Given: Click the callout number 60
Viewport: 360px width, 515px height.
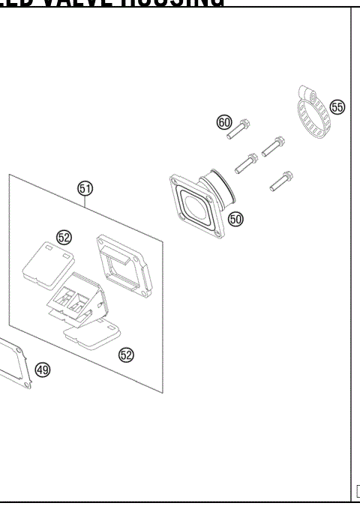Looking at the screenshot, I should pos(223,122).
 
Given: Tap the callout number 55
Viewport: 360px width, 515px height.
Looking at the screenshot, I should pos(337,107).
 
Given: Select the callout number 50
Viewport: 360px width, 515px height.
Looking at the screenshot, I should pos(236,220).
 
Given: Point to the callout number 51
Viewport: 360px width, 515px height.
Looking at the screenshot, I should pos(85,189).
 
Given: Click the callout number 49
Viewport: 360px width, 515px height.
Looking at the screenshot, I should pos(43,370).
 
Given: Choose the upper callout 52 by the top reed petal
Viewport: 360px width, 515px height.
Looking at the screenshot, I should pos(64,237).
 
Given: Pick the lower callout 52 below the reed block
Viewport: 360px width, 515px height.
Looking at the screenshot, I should pos(126,355).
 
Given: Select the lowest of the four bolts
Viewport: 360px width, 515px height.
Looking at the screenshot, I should pos(281,181).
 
